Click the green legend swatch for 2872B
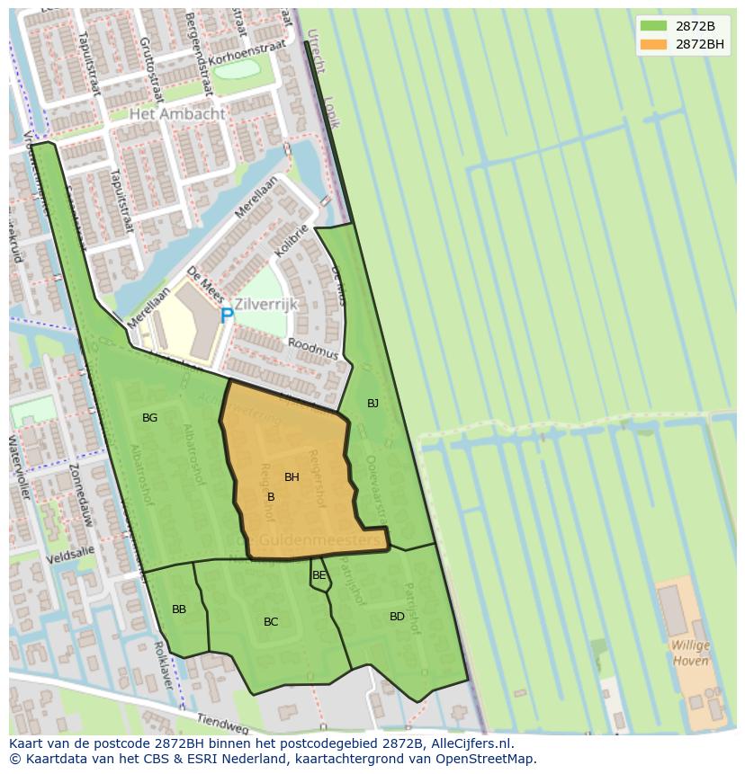tap(654, 25)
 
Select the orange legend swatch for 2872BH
tap(654, 43)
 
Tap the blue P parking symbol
tap(227, 316)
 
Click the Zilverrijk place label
tap(265, 304)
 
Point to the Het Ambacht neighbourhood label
tap(177, 114)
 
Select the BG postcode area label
tap(149, 418)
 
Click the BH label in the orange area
tap(292, 477)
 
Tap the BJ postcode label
tap(372, 404)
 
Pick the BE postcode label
tap(319, 575)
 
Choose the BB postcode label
tap(179, 609)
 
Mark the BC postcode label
tap(271, 622)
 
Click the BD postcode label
tap(397, 617)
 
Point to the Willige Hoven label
tap(690, 654)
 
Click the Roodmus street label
tap(313, 349)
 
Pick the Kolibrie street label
tap(292, 241)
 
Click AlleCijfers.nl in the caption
tap(470, 743)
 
